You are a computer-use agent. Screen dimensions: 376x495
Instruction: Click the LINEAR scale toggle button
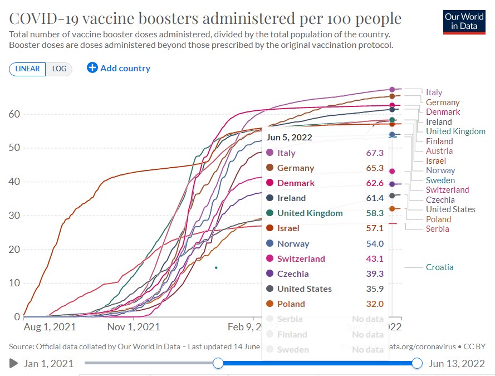click(x=27, y=69)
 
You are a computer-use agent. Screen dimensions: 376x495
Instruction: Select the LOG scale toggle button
click(x=59, y=69)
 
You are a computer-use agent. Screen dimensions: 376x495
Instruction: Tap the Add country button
click(x=119, y=68)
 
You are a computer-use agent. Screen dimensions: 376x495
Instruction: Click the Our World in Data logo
click(x=464, y=21)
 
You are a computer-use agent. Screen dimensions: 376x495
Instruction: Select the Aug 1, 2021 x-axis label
click(x=50, y=327)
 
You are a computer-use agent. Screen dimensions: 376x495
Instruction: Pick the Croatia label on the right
click(x=439, y=267)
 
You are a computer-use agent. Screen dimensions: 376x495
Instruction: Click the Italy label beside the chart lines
click(x=434, y=92)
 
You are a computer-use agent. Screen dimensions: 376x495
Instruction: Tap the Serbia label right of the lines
click(x=437, y=229)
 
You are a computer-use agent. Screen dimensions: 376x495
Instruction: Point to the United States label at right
click(x=450, y=209)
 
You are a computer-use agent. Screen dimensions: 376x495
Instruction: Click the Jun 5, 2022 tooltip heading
click(x=289, y=137)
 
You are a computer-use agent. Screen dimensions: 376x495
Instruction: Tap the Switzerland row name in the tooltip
click(x=301, y=258)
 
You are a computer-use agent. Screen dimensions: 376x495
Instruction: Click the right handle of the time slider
click(x=418, y=364)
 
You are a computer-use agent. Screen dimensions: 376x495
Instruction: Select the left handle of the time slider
click(x=218, y=364)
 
